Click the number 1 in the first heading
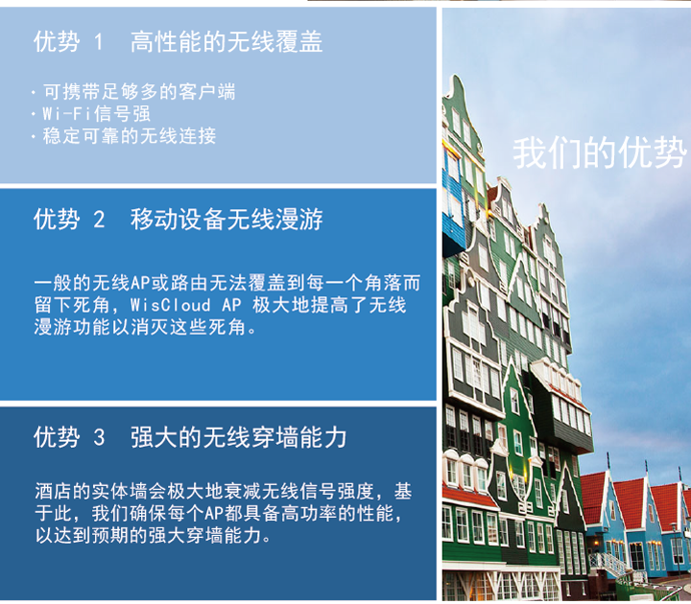pyautogui.click(x=99, y=42)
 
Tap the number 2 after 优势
pyautogui.click(x=99, y=220)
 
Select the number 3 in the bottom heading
pyautogui.click(x=99, y=437)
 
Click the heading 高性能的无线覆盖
pyautogui.click(x=226, y=42)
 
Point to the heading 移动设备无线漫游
pyautogui.click(x=226, y=220)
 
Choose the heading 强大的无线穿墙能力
pyautogui.click(x=238, y=437)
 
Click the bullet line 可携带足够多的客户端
pyautogui.click(x=139, y=92)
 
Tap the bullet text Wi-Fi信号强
pyautogui.click(x=97, y=114)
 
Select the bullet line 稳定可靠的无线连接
pyautogui.click(x=130, y=135)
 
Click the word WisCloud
pyautogui.click(x=171, y=305)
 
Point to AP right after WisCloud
pyautogui.click(x=231, y=305)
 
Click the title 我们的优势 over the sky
pyautogui.click(x=600, y=152)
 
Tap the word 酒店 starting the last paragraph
pyautogui.click(x=54, y=491)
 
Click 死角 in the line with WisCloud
pyautogui.click(x=92, y=305)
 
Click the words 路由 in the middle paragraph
pyautogui.click(x=189, y=283)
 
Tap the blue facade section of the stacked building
pyautogui.click(x=453, y=207)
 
